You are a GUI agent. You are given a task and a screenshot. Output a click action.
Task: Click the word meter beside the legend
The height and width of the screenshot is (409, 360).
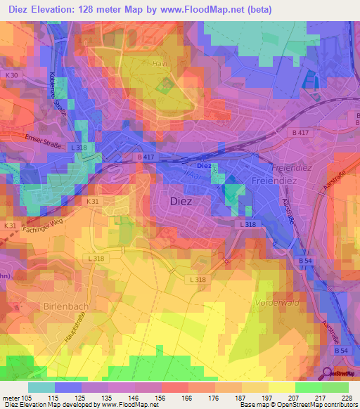[11, 398]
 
